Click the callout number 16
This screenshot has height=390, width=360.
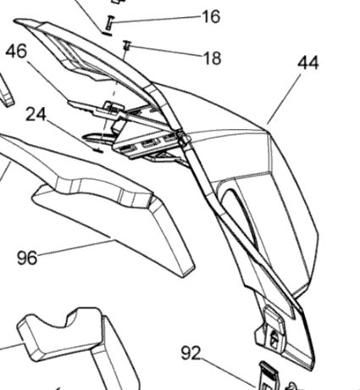[211, 17]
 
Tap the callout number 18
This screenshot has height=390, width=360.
[213, 58]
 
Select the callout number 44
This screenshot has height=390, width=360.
[308, 63]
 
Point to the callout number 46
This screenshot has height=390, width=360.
[17, 51]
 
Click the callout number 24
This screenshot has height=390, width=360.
[36, 114]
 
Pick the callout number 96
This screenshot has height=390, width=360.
[27, 258]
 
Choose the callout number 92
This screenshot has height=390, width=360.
[191, 353]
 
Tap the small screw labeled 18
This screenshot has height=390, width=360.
[127, 46]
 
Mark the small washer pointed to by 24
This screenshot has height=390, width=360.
[98, 150]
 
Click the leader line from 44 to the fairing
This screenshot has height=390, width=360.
[284, 99]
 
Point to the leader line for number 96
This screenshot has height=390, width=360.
[76, 248]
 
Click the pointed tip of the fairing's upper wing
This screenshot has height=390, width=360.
[14, 20]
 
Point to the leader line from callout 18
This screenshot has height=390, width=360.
[166, 51]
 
